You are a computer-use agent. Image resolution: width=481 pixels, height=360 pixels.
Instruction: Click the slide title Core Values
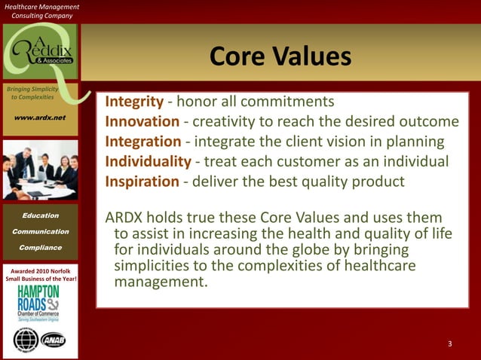280,57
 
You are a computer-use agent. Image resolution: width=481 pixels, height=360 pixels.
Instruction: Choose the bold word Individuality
148,162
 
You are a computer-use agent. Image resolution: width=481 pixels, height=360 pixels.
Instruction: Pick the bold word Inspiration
143,182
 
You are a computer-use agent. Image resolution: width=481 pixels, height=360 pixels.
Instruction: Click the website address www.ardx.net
38,117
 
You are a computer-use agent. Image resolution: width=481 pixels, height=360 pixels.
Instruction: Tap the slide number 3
449,344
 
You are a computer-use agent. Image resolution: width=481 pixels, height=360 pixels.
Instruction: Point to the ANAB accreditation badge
54,340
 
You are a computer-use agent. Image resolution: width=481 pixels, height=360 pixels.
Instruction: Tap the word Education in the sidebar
40,215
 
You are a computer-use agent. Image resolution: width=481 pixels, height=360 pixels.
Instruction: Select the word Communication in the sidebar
40,231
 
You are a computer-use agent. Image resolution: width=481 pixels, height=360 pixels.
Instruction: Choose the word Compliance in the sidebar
40,247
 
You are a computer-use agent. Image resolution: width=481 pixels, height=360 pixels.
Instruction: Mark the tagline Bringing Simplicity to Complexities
31,93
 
